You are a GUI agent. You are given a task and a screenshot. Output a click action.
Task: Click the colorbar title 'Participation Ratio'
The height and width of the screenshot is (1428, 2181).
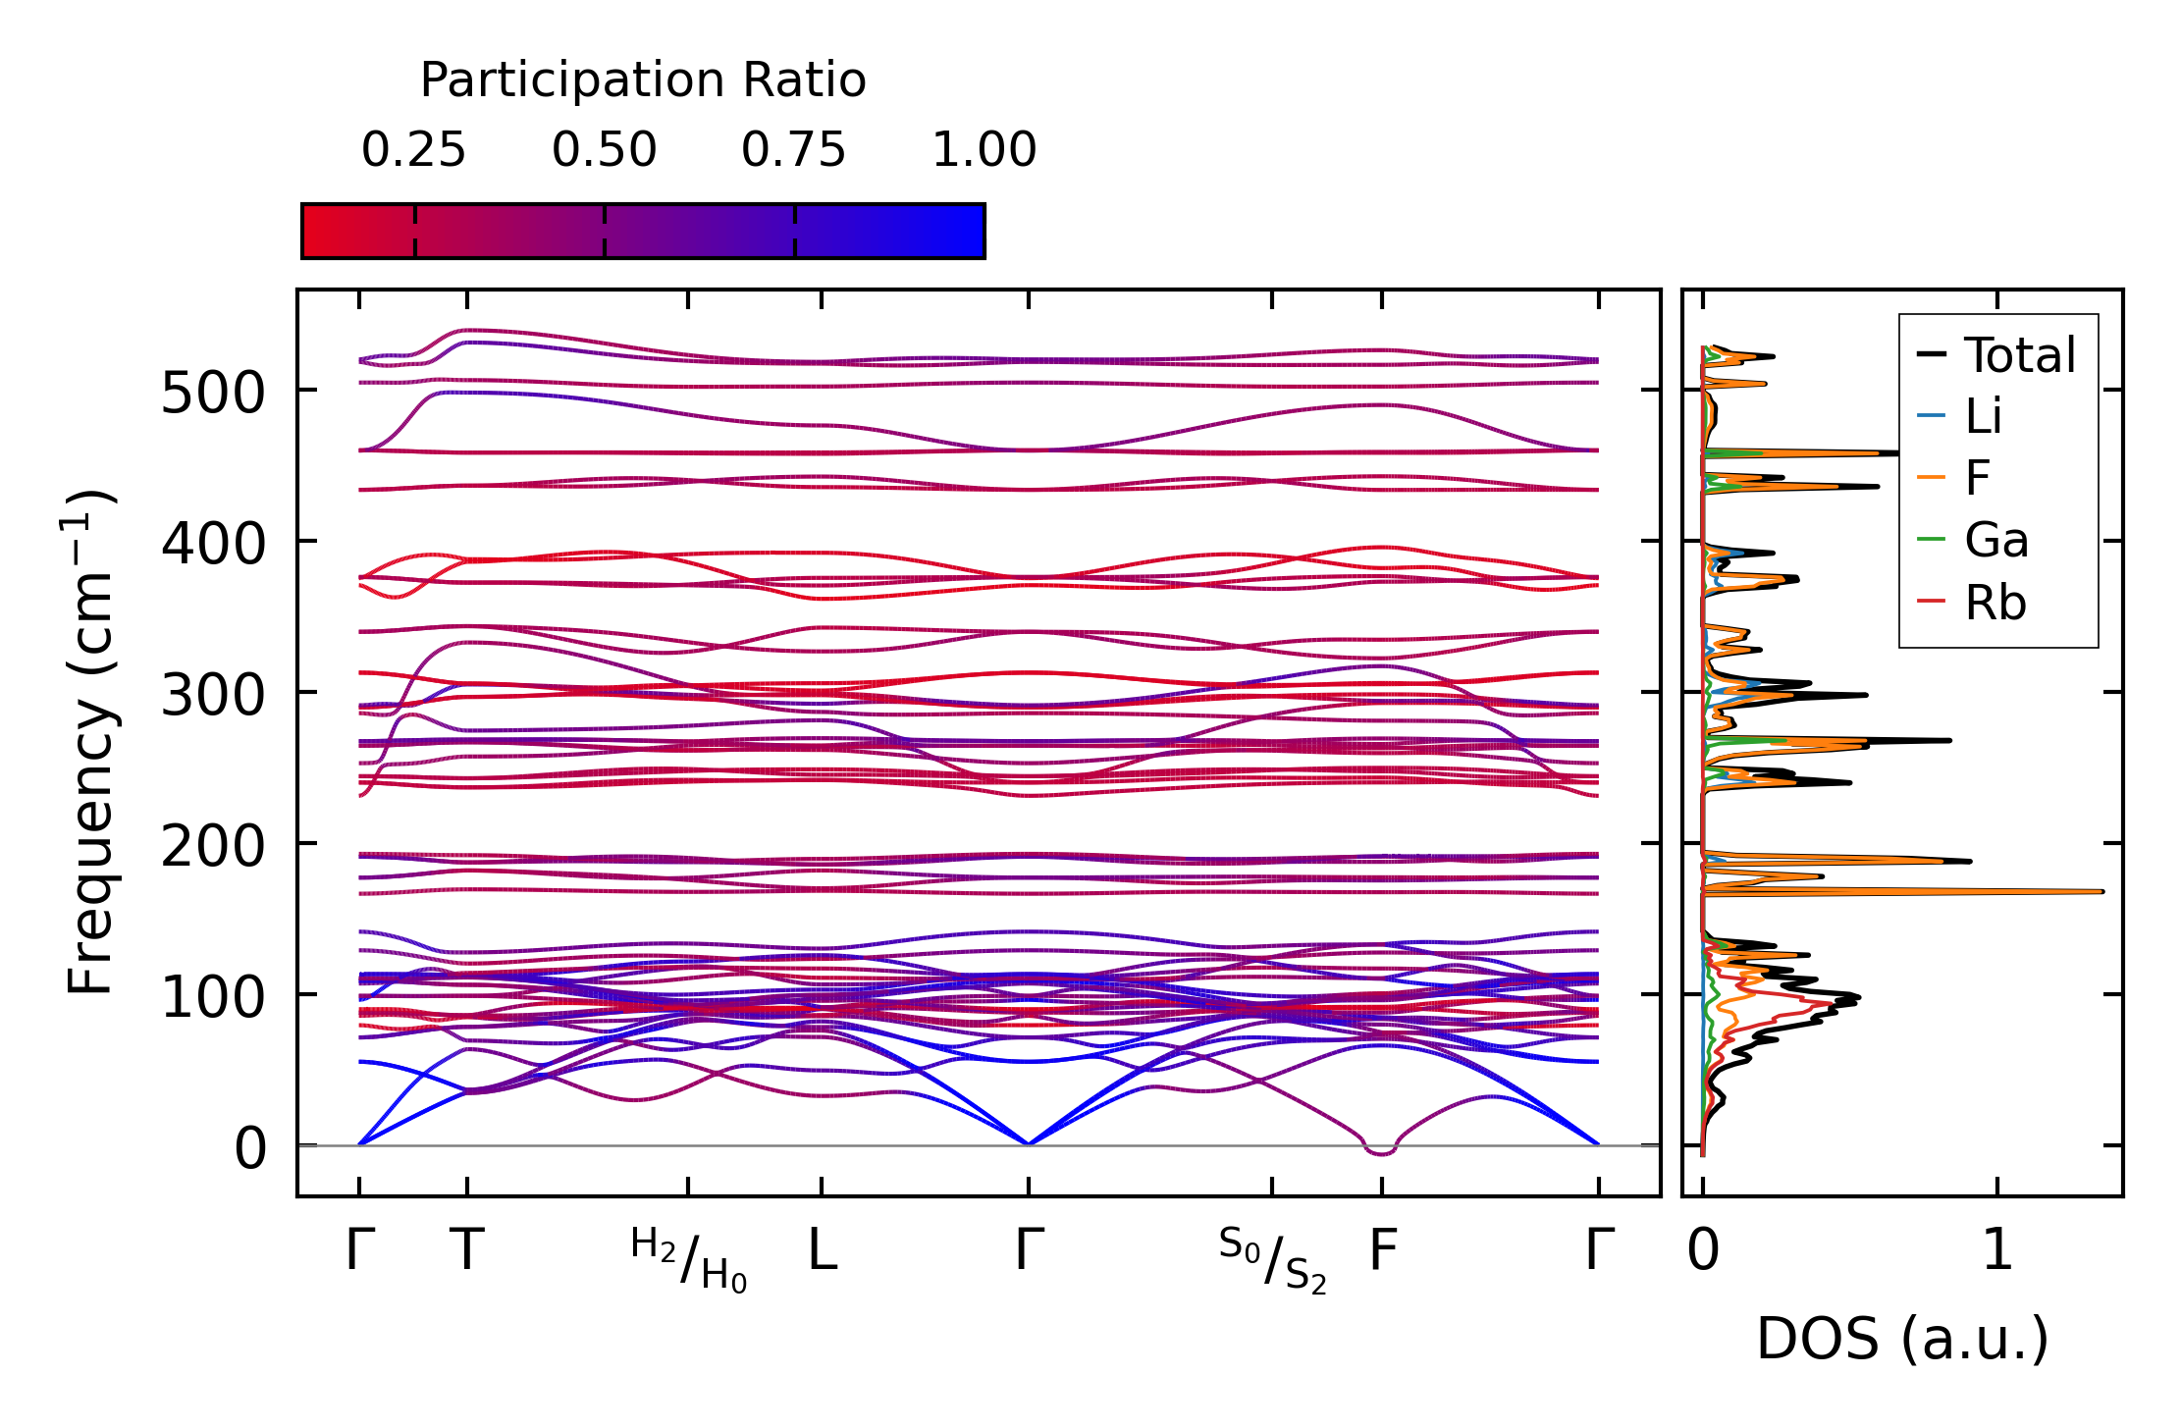643,80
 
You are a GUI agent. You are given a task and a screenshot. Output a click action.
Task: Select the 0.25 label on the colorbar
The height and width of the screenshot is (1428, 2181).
413,150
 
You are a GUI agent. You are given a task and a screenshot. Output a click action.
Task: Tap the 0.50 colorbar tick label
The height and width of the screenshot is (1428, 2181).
604,150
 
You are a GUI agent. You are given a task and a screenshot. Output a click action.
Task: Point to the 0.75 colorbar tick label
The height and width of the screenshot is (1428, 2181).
793,150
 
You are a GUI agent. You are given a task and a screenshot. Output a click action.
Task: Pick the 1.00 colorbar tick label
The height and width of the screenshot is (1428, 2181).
984,150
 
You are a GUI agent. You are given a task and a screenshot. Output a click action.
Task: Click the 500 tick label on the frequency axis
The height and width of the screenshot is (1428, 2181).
213,395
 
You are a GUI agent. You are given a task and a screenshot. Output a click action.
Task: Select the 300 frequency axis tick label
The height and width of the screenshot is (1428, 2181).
213,697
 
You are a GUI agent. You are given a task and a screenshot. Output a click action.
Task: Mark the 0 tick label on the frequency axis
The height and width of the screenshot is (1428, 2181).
250,1148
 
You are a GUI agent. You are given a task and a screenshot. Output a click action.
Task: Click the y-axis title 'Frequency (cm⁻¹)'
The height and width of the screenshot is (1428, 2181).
91,742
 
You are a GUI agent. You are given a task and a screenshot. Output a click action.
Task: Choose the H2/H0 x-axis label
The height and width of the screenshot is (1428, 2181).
688,1258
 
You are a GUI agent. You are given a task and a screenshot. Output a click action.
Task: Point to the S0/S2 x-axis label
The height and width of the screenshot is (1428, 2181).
1272,1258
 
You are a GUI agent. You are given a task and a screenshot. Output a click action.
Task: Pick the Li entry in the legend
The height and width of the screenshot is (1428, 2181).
1983,417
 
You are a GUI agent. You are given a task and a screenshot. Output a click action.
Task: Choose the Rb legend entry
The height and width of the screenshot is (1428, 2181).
1995,603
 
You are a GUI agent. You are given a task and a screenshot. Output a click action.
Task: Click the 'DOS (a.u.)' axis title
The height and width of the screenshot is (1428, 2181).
1902,1339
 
